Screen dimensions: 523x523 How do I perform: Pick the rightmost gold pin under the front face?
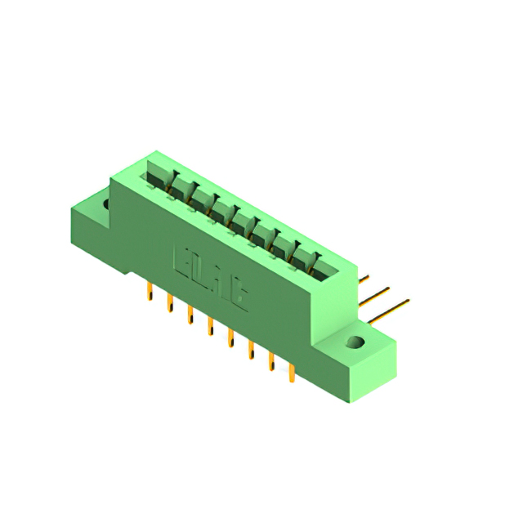click(x=291, y=374)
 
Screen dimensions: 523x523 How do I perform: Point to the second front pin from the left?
click(x=170, y=303)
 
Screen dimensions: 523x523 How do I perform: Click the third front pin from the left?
click(x=190, y=315)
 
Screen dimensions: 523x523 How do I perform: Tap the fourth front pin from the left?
click(x=211, y=326)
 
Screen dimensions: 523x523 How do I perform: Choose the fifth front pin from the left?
click(x=231, y=337)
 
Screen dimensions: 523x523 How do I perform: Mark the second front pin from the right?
click(x=270, y=363)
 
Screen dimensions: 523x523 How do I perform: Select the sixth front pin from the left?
click(x=251, y=351)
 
